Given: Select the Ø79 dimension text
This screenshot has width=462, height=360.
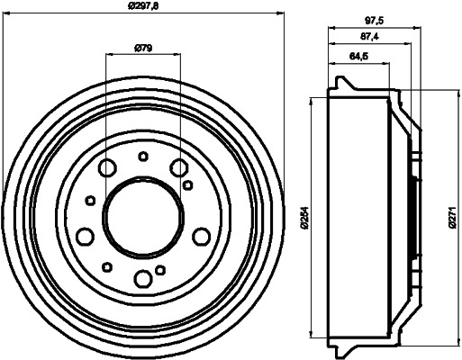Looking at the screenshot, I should click(142, 48).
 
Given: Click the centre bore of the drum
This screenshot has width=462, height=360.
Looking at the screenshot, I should click(142, 216).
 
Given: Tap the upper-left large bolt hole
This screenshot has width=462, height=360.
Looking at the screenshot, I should click(108, 167).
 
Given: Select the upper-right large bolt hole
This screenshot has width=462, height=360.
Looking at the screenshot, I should click(178, 166).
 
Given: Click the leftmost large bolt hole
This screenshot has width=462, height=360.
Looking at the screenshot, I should click(86, 236).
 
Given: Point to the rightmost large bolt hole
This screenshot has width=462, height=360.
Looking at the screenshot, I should click(200, 235).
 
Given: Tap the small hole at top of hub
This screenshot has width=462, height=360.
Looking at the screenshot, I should click(142, 157).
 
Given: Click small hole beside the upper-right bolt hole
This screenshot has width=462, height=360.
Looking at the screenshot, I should click(187, 184).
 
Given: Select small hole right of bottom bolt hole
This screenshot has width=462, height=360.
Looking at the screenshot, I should click(160, 269).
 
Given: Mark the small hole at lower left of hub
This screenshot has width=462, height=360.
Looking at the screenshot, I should click(108, 265).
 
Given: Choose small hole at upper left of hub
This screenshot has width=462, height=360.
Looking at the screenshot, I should click(90, 201).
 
